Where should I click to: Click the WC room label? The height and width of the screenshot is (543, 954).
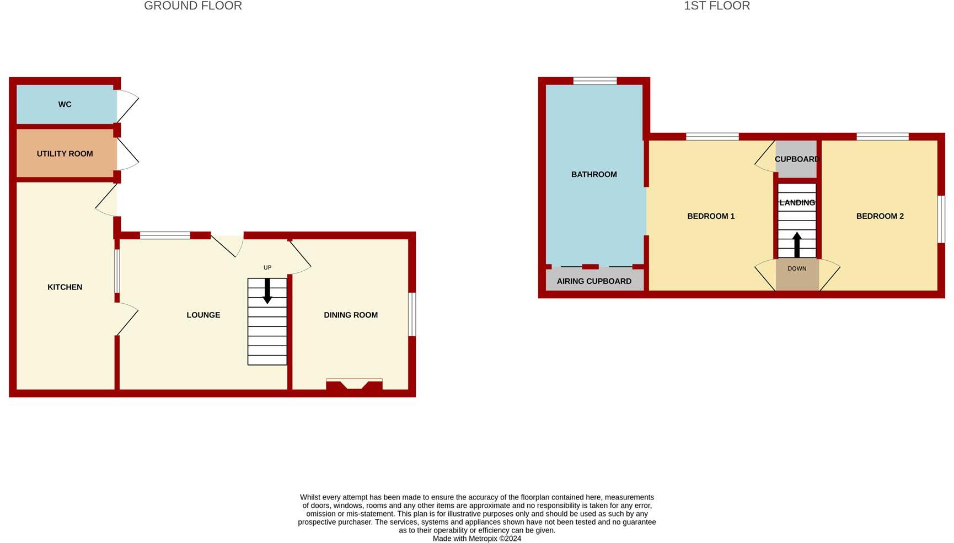65,104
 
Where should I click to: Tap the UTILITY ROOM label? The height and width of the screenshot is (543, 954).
65,154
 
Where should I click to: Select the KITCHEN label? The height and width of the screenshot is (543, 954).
65,287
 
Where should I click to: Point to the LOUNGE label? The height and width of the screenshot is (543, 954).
203,315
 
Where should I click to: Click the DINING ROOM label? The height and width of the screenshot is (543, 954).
351,315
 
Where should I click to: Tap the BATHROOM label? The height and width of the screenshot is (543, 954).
594,174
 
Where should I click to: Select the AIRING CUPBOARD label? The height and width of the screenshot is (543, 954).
594,281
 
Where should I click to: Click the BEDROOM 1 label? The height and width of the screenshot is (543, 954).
711,216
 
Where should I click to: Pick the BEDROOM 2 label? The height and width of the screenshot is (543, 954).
880,216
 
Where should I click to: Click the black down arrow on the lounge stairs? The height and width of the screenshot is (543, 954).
267,291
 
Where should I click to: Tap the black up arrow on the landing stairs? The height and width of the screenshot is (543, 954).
797,244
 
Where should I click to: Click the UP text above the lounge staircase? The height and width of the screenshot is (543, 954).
267,267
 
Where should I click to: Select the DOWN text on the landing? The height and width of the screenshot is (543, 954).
797,268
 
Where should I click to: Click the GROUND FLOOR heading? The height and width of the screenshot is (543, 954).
193,6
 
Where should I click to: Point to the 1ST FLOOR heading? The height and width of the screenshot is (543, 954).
717,6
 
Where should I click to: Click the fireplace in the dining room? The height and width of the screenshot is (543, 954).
354,384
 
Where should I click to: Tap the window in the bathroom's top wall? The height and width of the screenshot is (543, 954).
594,81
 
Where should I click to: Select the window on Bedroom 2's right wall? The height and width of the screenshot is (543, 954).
941,219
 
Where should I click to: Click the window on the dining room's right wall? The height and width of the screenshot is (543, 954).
412,314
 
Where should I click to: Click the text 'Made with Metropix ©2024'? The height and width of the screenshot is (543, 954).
476,539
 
